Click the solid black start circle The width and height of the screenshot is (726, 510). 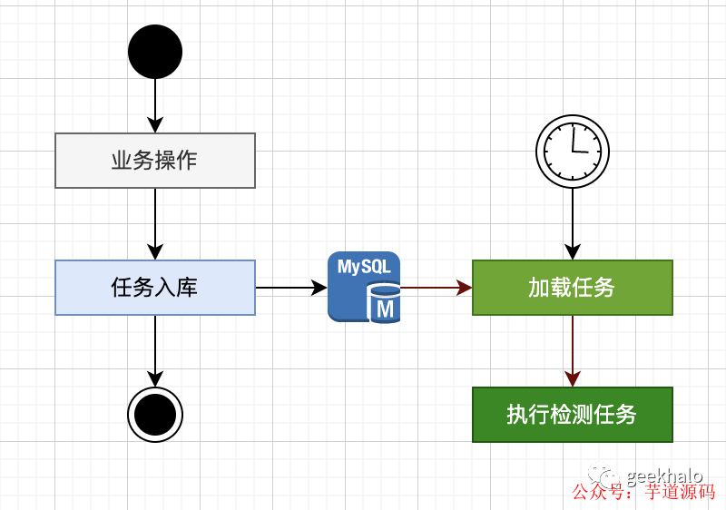(155, 52)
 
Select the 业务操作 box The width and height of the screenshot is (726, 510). (155, 161)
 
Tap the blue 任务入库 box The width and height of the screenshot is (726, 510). (155, 288)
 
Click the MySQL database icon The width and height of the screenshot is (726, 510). (364, 287)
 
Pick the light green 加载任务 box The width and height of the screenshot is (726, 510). (572, 288)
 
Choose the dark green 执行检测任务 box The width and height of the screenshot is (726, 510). (572, 415)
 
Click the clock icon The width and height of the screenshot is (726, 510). (573, 152)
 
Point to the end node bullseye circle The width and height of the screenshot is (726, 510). (155, 415)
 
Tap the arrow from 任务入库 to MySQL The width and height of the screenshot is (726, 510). (290, 288)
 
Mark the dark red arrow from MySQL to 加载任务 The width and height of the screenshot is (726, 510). (437, 288)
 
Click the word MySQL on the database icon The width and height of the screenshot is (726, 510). (364, 268)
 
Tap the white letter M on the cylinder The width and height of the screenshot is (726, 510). (386, 309)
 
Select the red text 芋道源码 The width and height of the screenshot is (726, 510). (680, 492)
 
